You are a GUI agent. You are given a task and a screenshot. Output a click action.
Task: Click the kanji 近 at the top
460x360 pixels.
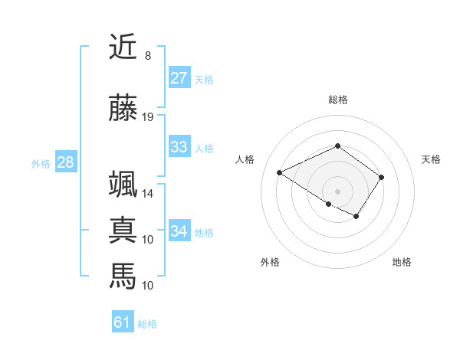coord(123,47)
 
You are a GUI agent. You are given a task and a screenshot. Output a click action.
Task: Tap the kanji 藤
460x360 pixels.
coord(123,108)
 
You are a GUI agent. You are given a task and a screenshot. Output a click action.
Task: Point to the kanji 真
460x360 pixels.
coord(123,230)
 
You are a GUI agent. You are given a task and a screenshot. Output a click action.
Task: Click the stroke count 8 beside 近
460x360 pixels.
coord(148,56)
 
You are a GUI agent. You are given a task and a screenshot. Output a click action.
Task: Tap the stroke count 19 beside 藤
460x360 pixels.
coord(148,117)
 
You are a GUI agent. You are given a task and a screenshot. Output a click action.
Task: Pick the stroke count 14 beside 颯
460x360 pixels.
coord(148,194)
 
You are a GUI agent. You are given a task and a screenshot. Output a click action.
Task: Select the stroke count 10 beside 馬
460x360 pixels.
coord(148,285)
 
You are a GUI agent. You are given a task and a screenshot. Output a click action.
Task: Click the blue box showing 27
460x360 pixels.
coord(179,78)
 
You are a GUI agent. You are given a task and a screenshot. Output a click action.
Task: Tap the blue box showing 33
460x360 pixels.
coord(179,147)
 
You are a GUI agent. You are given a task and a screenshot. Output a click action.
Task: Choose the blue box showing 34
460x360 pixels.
coord(179,231)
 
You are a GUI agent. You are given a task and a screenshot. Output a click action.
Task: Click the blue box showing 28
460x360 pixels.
coord(65,162)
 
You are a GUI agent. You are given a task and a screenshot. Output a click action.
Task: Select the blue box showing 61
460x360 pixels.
coord(123,322)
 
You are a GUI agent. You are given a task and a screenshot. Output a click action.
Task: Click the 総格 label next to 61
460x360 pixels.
coord(147,324)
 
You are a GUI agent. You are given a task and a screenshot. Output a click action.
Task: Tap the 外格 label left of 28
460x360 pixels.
coord(41,163)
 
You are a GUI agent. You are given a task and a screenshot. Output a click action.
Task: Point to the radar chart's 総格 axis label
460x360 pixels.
coord(337,100)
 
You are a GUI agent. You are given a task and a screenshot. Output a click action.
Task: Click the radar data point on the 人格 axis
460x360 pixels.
coord(280,172)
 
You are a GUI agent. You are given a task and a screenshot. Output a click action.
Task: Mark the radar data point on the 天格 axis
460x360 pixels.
coord(381,177)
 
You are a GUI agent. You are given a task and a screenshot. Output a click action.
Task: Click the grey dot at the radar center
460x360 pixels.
coord(337,191)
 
